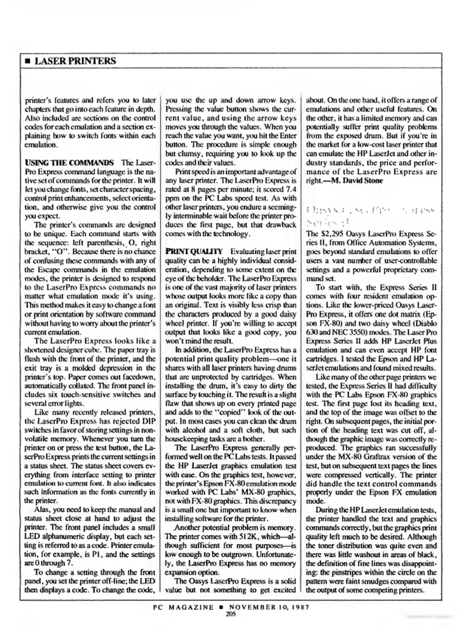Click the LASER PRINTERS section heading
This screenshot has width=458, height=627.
pos(75,61)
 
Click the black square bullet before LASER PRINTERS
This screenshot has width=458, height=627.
pos(28,62)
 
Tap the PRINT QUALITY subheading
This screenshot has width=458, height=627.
pos(194,251)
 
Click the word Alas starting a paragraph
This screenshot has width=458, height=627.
pos(42,510)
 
